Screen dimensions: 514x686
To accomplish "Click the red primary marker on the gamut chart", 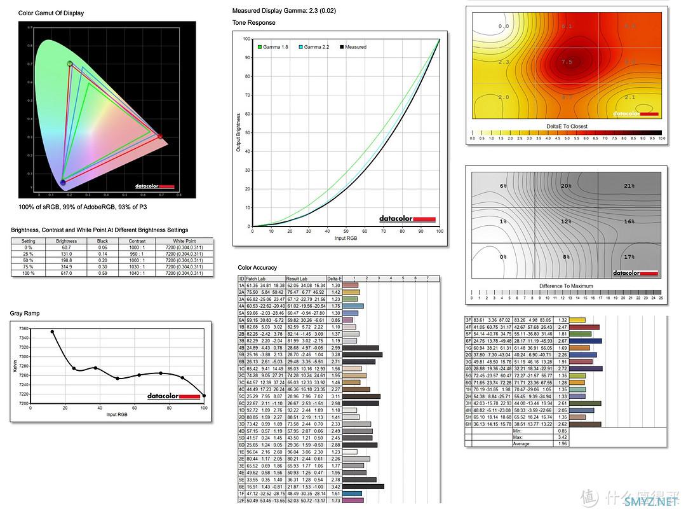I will click(x=159, y=135).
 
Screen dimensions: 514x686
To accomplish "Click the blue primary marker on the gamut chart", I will click(x=62, y=183).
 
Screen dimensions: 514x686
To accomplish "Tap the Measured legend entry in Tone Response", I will click(x=353, y=47).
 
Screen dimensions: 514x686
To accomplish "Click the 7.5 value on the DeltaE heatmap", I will click(x=567, y=62).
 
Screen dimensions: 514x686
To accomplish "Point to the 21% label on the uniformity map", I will click(x=629, y=186).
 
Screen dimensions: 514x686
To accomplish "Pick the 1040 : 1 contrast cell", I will click(x=137, y=273).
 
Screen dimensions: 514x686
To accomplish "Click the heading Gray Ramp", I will click(x=25, y=314).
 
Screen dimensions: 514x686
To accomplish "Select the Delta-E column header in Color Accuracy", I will click(x=334, y=279).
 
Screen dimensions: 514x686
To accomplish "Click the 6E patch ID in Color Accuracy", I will click(x=241, y=487).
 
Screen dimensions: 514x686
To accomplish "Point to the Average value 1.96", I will click(x=562, y=443).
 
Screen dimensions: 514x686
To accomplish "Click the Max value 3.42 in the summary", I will click(x=562, y=437).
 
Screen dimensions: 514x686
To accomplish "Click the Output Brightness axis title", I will click(x=239, y=132).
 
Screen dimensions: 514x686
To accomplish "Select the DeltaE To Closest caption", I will click(x=567, y=126).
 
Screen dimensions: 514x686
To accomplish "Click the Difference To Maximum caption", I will click(x=567, y=286).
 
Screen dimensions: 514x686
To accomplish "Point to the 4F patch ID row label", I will click(x=469, y=326).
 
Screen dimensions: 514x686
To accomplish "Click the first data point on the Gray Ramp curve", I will click(x=52, y=331).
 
